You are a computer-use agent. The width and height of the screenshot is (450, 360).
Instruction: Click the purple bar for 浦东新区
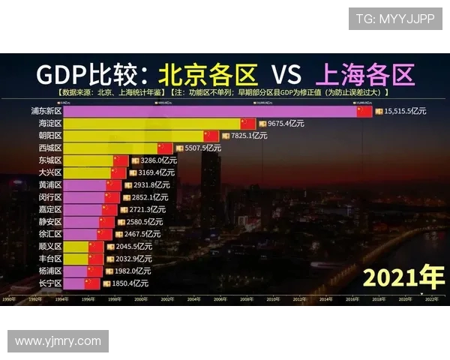coord(210,111)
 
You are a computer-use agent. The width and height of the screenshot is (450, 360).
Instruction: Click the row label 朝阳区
coord(49,136)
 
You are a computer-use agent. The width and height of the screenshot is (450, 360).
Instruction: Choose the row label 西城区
coord(49,148)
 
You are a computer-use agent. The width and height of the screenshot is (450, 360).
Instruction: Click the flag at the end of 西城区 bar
coord(165,148)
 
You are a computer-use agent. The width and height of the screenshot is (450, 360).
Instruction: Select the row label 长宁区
coord(49,283)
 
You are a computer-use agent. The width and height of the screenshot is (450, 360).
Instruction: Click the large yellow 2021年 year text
coord(403,277)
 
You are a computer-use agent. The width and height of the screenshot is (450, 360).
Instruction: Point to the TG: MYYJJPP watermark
coord(394,19)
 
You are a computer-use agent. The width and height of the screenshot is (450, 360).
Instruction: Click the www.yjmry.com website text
coord(58,341)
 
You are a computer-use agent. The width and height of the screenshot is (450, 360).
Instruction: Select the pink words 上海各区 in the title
coord(364,74)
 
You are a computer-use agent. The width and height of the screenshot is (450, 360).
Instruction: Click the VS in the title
coord(286,74)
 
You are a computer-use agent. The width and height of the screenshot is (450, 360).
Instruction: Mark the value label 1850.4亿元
coord(130,283)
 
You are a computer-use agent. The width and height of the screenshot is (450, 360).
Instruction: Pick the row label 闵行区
coord(49,197)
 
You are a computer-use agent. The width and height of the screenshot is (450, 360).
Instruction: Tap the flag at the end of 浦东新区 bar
coord(364,111)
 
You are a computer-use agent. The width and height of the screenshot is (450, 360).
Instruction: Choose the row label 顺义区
coord(49,247)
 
